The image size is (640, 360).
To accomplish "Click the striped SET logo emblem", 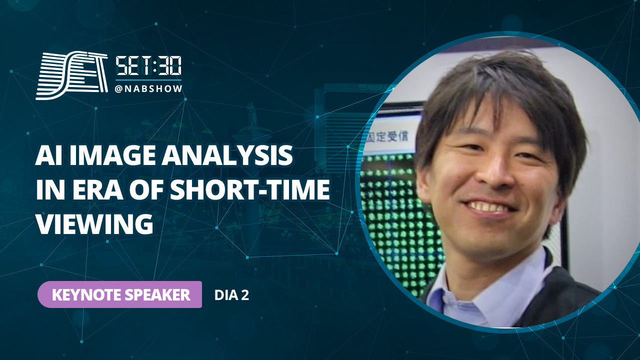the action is [72, 75].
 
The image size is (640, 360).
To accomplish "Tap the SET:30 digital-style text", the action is [148, 66].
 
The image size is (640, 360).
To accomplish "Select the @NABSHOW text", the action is [148, 89].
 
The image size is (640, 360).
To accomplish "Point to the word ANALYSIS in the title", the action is [227, 155].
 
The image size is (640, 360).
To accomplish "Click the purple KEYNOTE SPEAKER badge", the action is [119, 294].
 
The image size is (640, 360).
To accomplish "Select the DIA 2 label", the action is [231, 295].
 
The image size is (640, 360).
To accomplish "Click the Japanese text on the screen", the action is [388, 136].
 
